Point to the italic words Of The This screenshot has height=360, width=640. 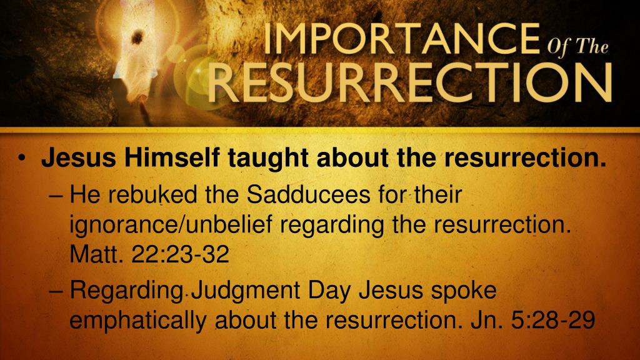577,48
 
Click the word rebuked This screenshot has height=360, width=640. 151,196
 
